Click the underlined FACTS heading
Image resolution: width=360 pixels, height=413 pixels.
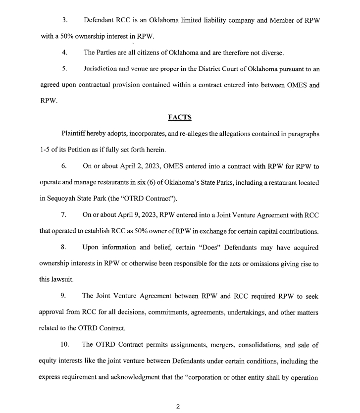(180, 117)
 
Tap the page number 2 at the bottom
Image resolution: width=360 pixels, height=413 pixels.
(178, 407)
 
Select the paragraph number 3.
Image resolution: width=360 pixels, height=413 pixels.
(65, 20)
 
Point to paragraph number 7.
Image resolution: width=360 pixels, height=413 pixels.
(64, 215)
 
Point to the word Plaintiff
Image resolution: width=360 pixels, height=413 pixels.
(75, 134)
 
